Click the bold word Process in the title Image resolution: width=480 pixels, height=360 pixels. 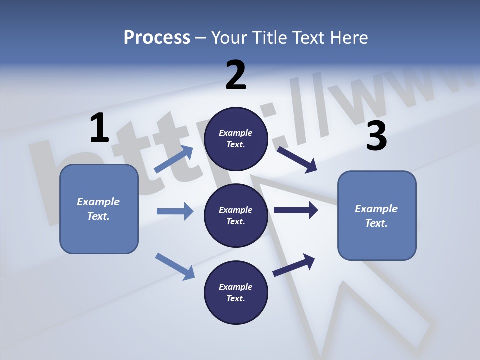click(x=157, y=37)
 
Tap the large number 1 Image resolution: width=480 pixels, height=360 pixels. click(x=99, y=128)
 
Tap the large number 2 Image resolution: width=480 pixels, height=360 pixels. click(x=236, y=75)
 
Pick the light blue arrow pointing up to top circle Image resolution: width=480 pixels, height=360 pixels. click(x=174, y=159)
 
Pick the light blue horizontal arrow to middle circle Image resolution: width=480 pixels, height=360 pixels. click(x=175, y=211)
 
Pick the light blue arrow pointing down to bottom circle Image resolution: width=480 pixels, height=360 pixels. click(x=175, y=266)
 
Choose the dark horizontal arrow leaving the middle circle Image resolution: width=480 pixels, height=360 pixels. click(x=296, y=210)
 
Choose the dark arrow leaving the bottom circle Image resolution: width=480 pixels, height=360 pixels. click(x=294, y=265)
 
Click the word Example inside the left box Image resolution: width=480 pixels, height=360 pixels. click(x=98, y=202)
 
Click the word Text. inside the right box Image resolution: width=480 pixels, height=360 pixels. click(x=376, y=223)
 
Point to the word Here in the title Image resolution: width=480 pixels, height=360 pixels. click(x=349, y=37)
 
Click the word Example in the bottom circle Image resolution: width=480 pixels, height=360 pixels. click(x=236, y=287)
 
